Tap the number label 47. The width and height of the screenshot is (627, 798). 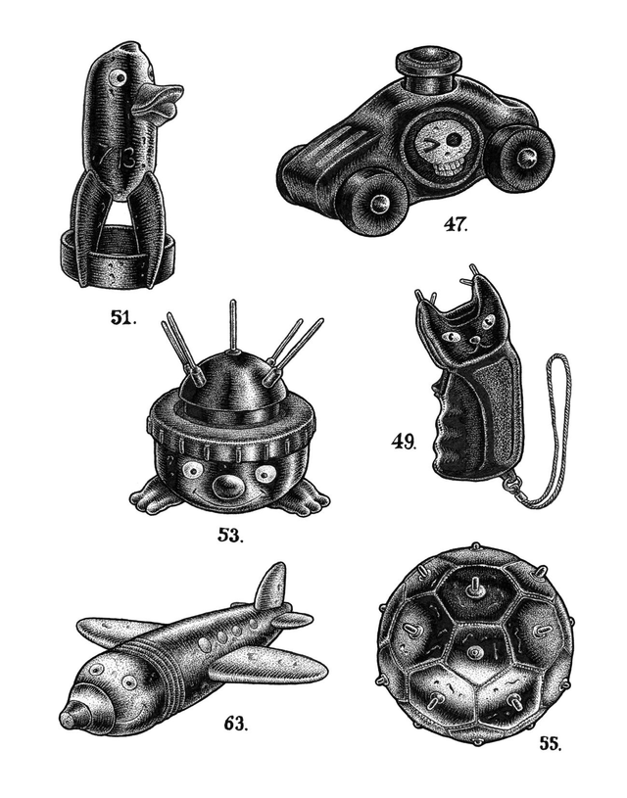[x=455, y=224]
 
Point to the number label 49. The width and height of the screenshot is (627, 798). [x=403, y=442]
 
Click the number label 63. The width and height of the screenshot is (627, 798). [x=235, y=725]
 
